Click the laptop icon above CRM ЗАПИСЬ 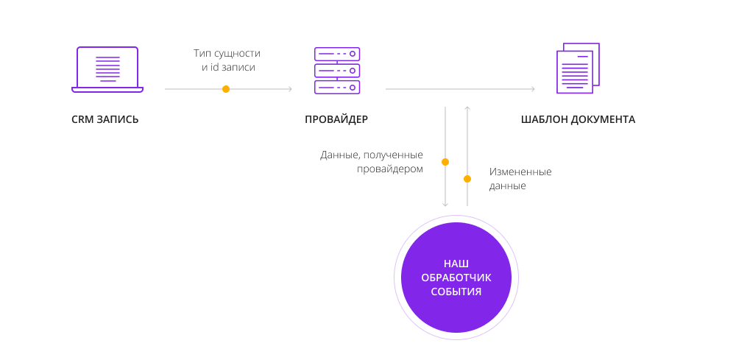coord(107,69)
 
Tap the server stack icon coord(337,71)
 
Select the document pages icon coord(578,68)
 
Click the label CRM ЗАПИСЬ coord(105,119)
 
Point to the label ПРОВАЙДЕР coord(336,119)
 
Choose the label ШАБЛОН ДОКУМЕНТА coord(578,119)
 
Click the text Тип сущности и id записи coord(227,60)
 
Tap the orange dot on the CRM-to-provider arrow coord(226,88)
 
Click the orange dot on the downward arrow coord(445,162)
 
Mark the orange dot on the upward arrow coord(467,179)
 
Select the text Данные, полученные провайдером coord(372,162)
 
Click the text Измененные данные coord(520,179)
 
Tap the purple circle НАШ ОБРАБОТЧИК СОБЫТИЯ coord(456,278)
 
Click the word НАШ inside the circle coord(456,264)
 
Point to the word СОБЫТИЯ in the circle coord(456,292)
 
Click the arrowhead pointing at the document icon coord(533,88)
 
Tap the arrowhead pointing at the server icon coord(290,88)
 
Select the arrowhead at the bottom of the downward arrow coord(445,205)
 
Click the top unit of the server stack coord(337,54)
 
